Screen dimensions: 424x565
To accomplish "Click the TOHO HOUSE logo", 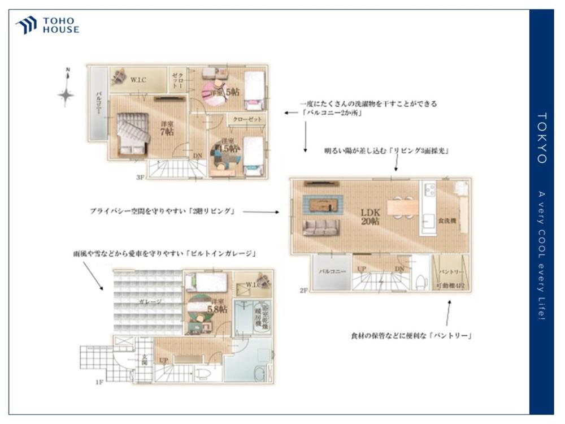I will tap(47, 25).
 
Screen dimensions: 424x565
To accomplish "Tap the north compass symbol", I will tap(67, 93).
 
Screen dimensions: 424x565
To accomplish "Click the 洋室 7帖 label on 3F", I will tap(166, 128).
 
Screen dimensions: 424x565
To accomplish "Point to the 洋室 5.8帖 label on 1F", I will tap(216, 306).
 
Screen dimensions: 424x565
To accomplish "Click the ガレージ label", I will tap(150, 302).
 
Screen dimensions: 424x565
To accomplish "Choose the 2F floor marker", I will tap(304, 291).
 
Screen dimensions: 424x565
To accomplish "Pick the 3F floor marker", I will tap(140, 177).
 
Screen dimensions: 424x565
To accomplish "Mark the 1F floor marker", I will tap(99, 383).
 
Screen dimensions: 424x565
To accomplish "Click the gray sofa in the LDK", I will tap(321, 227).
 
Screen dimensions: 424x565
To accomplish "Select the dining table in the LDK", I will tap(402, 207).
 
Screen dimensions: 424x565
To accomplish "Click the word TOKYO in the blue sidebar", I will tap(541, 138).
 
